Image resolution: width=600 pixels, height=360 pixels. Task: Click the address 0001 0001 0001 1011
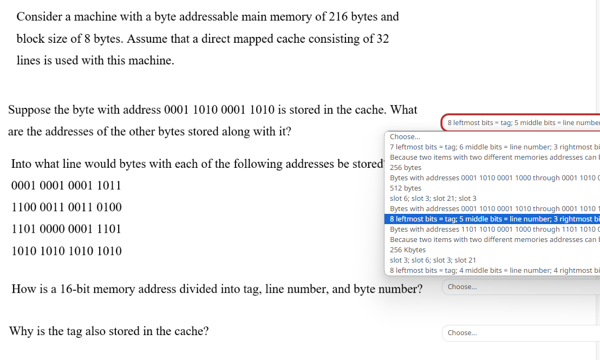pyautogui.click(x=66, y=186)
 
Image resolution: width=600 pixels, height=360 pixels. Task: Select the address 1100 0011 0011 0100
pyautogui.click(x=66, y=207)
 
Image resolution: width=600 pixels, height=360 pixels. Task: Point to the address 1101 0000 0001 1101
pyautogui.click(x=66, y=229)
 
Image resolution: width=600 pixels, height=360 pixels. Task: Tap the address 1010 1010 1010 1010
pyautogui.click(x=66, y=251)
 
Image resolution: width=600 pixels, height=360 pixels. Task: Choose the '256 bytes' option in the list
pyautogui.click(x=406, y=167)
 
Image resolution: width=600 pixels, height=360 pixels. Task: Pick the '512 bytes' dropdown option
pyautogui.click(x=406, y=188)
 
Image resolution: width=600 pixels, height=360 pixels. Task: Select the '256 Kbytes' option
pyautogui.click(x=408, y=250)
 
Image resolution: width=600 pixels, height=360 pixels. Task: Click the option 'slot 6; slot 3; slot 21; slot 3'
pyautogui.click(x=433, y=198)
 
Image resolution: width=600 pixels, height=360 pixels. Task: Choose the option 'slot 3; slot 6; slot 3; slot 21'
pyautogui.click(x=433, y=260)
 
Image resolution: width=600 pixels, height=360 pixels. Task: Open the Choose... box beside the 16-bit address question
pyautogui.click(x=520, y=287)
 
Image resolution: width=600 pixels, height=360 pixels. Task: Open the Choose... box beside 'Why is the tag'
pyautogui.click(x=520, y=333)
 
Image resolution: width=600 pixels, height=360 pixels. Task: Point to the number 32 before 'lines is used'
pyautogui.click(x=382, y=39)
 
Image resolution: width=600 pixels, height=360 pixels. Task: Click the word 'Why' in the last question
pyautogui.click(x=21, y=331)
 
